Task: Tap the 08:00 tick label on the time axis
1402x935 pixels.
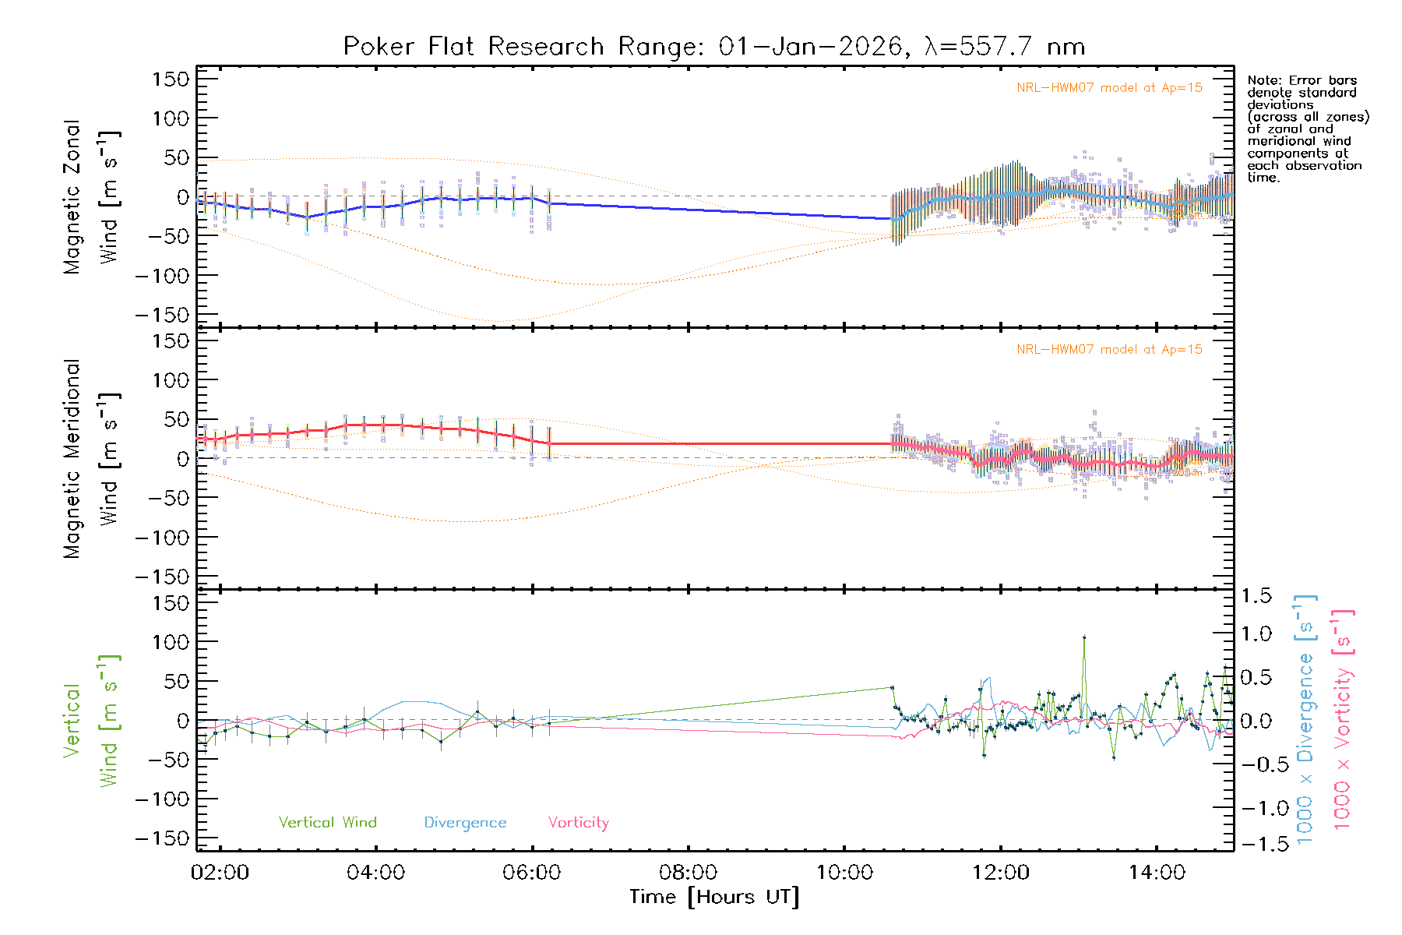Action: point(688,873)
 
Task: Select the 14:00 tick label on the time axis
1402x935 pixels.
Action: point(1157,873)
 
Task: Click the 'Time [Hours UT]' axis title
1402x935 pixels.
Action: point(714,898)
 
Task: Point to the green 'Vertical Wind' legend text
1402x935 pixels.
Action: point(327,823)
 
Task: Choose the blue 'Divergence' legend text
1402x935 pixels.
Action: point(465,823)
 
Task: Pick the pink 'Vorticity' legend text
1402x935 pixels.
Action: point(578,823)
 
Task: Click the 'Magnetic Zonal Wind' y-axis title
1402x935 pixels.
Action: point(91,196)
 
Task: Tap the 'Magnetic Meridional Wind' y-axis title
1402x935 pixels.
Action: point(91,458)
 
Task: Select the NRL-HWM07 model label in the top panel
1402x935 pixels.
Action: point(1109,88)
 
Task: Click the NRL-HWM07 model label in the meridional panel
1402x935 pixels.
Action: point(1109,350)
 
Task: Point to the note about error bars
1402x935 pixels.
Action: point(1307,129)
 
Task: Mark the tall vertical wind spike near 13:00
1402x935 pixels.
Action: point(1083,638)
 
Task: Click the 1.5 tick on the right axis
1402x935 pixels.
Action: point(1256,596)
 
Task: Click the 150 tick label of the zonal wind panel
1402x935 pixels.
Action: point(171,79)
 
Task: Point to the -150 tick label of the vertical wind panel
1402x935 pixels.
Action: point(163,838)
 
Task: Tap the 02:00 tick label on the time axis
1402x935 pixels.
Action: point(220,873)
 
